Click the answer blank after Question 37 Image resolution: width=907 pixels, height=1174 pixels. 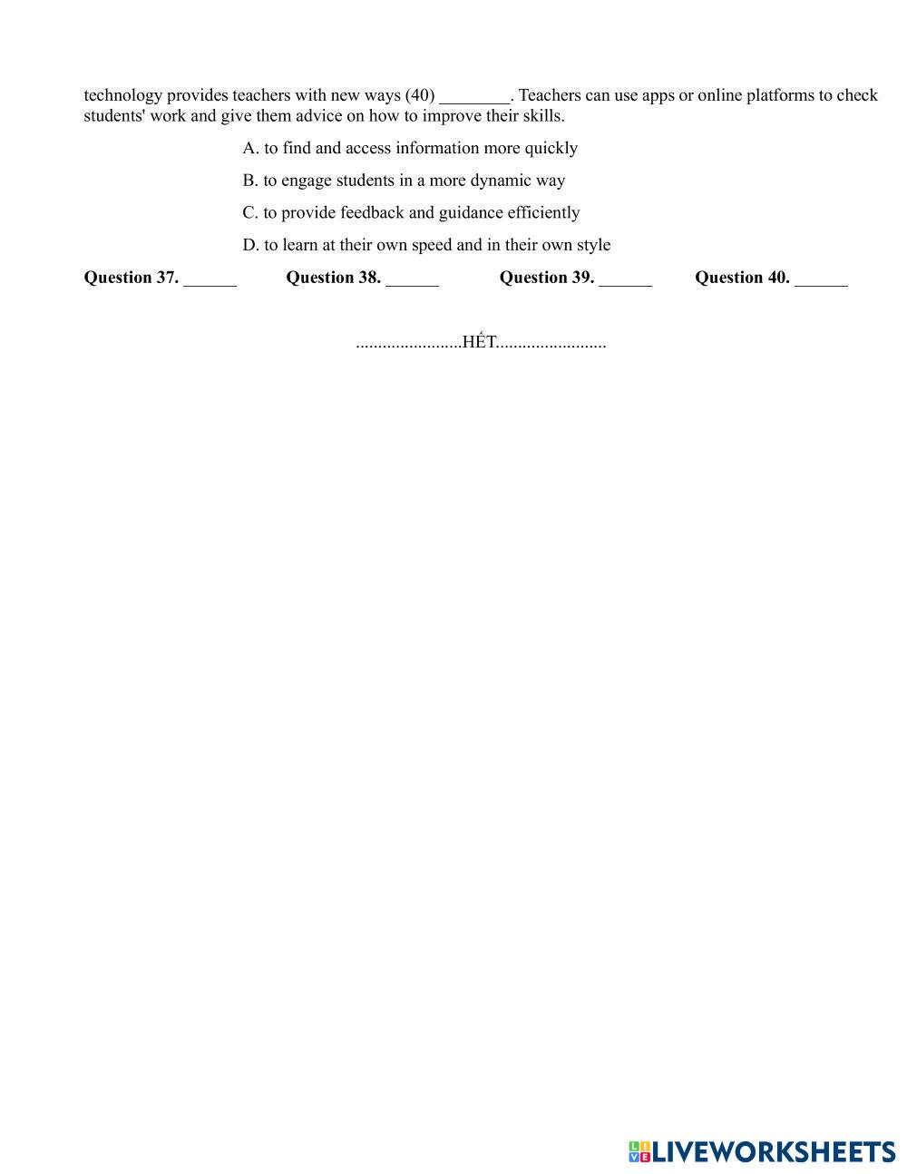210,279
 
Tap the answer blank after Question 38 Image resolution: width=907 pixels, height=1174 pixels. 412,279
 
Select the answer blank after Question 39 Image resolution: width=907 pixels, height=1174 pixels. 625,279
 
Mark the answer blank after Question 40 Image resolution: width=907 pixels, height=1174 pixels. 821,279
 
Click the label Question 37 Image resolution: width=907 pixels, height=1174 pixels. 131,278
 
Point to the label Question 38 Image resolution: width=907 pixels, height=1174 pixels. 333,278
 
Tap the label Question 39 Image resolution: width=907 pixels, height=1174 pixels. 546,278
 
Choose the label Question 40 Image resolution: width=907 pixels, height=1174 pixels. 742,278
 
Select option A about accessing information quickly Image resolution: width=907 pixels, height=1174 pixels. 410,148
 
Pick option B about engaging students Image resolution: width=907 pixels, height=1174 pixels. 404,181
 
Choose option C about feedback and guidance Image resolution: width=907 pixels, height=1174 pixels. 411,212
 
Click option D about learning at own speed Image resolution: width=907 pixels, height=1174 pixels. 426,245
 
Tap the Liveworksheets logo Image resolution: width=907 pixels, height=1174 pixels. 762,1151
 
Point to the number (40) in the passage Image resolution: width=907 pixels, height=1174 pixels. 420,95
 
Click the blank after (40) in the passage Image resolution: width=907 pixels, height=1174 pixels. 474,97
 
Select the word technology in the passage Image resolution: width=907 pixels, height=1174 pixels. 123,95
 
